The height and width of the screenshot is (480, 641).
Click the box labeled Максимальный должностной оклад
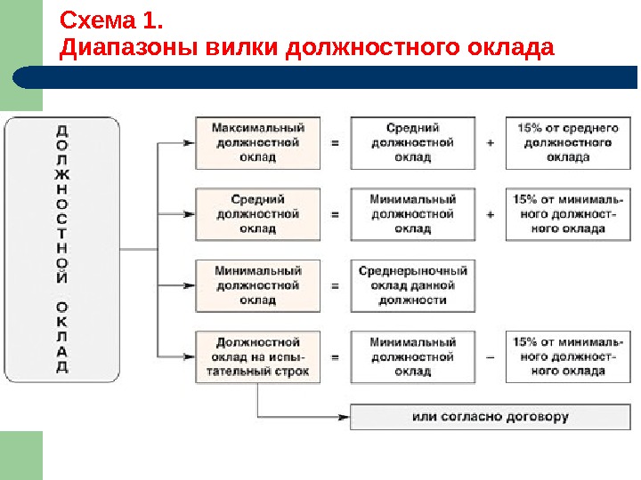coord(257,143)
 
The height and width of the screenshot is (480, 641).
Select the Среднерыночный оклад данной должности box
coord(412,285)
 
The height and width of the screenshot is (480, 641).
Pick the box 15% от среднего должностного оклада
coord(567,143)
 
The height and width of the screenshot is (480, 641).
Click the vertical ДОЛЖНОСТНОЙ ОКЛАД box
coord(61,250)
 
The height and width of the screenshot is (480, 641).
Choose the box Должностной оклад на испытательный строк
coord(257,357)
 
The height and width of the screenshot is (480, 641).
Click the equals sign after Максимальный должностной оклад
coord(335,143)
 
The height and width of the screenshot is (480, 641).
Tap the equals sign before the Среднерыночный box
coord(335,286)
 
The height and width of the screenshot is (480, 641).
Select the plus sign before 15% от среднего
coord(491,143)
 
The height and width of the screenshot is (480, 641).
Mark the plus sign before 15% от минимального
coord(491,214)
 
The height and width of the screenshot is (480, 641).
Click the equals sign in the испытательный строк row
coord(335,357)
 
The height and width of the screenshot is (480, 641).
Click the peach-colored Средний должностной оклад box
coord(257,214)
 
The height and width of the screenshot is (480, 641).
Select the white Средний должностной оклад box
coord(412,143)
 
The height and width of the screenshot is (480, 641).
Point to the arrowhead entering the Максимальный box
coord(189,143)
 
